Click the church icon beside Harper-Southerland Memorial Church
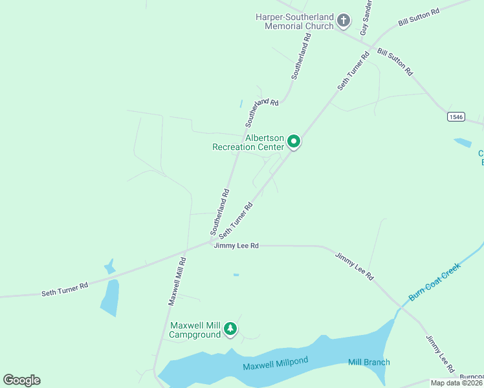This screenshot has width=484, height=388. pos(344,21)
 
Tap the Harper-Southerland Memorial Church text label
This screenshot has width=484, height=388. pos(294,21)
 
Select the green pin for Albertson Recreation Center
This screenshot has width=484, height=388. pos(294,142)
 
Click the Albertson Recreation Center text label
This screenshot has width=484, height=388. pos(248,142)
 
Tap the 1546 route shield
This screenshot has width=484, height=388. pos(456,116)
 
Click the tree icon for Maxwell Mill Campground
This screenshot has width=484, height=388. pos(230,330)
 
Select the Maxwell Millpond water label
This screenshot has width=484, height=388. pos(276,363)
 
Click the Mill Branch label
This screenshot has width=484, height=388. pos(369,362)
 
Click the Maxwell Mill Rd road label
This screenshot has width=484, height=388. pos(177,281)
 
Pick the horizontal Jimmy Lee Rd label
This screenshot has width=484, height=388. pos(237,246)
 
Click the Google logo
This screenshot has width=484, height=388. pos(21,380)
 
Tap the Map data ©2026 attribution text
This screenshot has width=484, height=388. pos(456,383)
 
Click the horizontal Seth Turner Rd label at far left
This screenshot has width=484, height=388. pos(65,290)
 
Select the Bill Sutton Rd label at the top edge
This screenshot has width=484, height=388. pos(419,17)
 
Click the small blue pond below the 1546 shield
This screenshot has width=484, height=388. pos(463,142)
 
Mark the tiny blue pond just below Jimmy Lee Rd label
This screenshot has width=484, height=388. pos(236,275)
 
